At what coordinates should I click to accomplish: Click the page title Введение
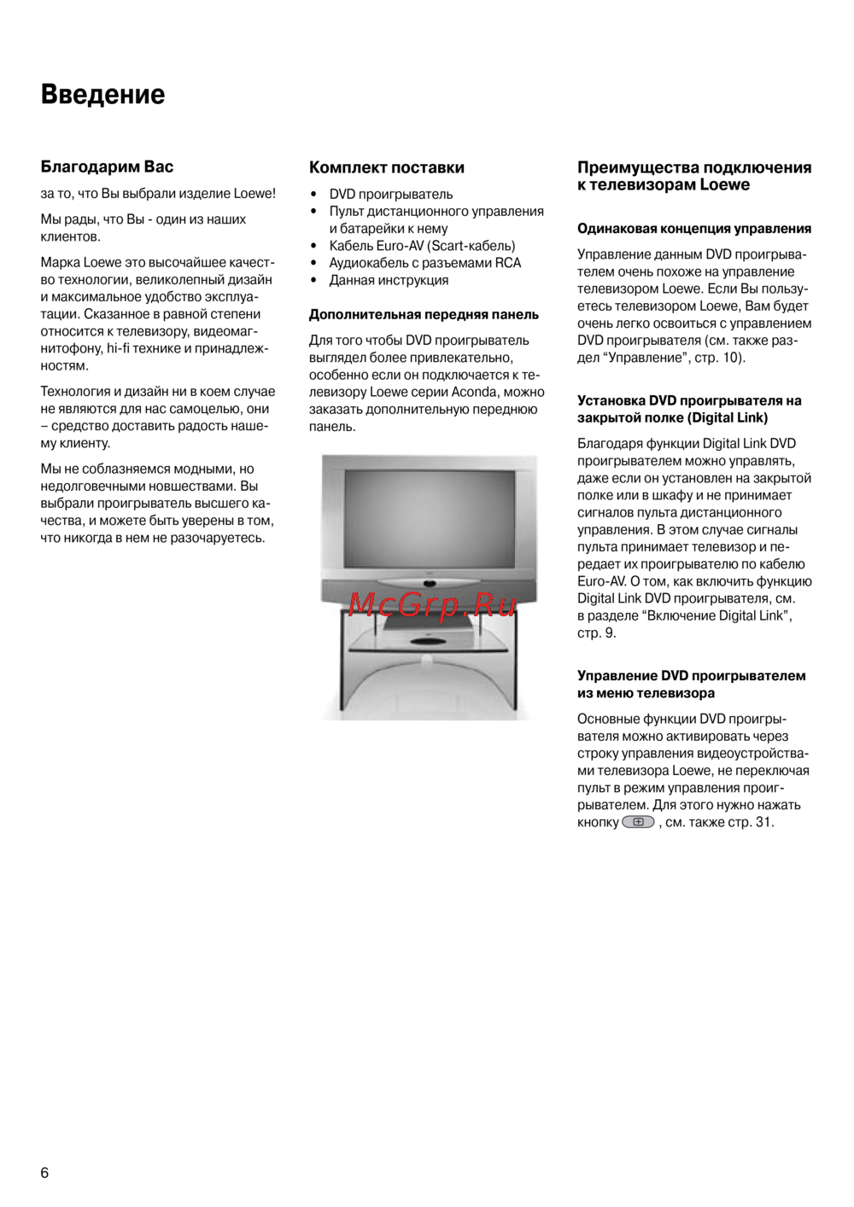coord(102,94)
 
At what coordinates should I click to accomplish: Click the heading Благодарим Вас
coord(107,166)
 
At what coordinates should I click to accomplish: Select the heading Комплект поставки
coord(387,167)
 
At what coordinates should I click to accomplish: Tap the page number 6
coord(44,1173)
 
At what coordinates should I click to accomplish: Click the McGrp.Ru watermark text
coord(431,604)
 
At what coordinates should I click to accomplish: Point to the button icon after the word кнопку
coord(638,822)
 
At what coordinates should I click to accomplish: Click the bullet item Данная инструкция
coord(389,280)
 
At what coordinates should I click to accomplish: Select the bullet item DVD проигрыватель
coord(391,194)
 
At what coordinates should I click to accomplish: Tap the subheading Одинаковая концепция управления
coord(694,228)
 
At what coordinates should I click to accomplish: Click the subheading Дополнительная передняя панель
coord(424,314)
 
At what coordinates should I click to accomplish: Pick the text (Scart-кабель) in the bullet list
coord(471,246)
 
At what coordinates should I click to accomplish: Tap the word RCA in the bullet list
coord(508,263)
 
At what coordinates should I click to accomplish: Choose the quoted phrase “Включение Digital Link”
coord(717,615)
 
